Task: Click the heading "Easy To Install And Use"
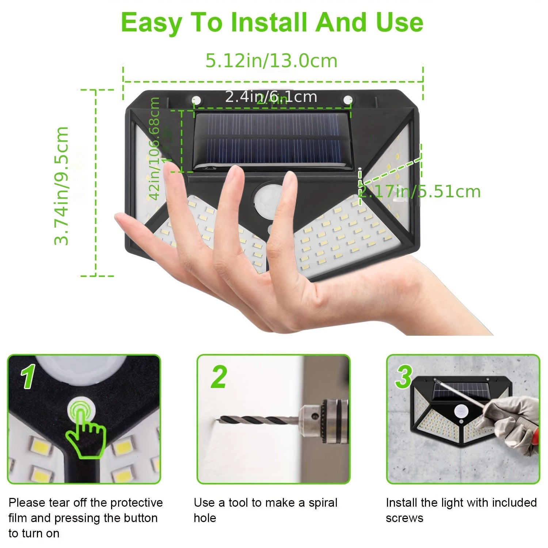click(272, 23)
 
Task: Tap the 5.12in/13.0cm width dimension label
click(271, 61)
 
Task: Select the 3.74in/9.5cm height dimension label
click(61, 185)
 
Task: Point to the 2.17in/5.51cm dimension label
click(419, 192)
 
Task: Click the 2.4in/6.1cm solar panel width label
click(271, 97)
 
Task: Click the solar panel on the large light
click(272, 141)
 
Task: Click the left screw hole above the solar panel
click(196, 100)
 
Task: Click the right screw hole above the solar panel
click(347, 99)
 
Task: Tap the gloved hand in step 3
click(511, 420)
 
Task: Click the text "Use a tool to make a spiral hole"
click(265, 510)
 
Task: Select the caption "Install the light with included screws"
click(461, 510)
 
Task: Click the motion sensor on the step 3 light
click(461, 412)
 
